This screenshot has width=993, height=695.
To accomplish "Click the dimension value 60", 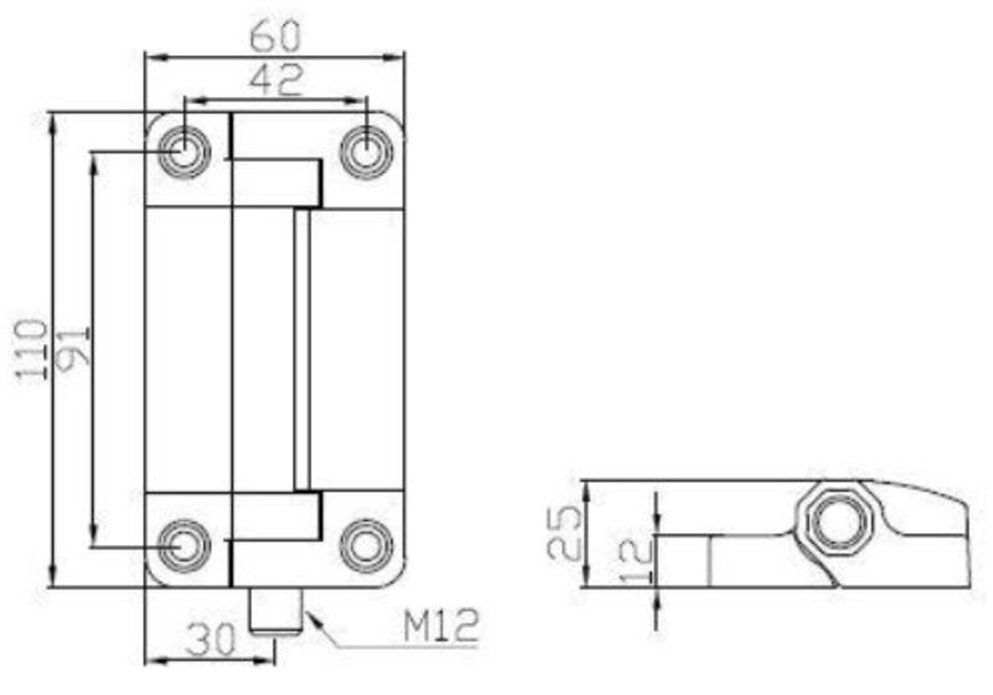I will (x=275, y=36).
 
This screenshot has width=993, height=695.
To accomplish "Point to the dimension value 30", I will (x=211, y=639).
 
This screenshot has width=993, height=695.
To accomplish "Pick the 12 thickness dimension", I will (x=636, y=559).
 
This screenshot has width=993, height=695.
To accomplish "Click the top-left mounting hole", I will (x=184, y=151).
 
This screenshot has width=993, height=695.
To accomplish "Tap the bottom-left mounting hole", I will (x=184, y=546).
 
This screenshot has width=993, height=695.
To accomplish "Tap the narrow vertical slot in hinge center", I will (x=302, y=350).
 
